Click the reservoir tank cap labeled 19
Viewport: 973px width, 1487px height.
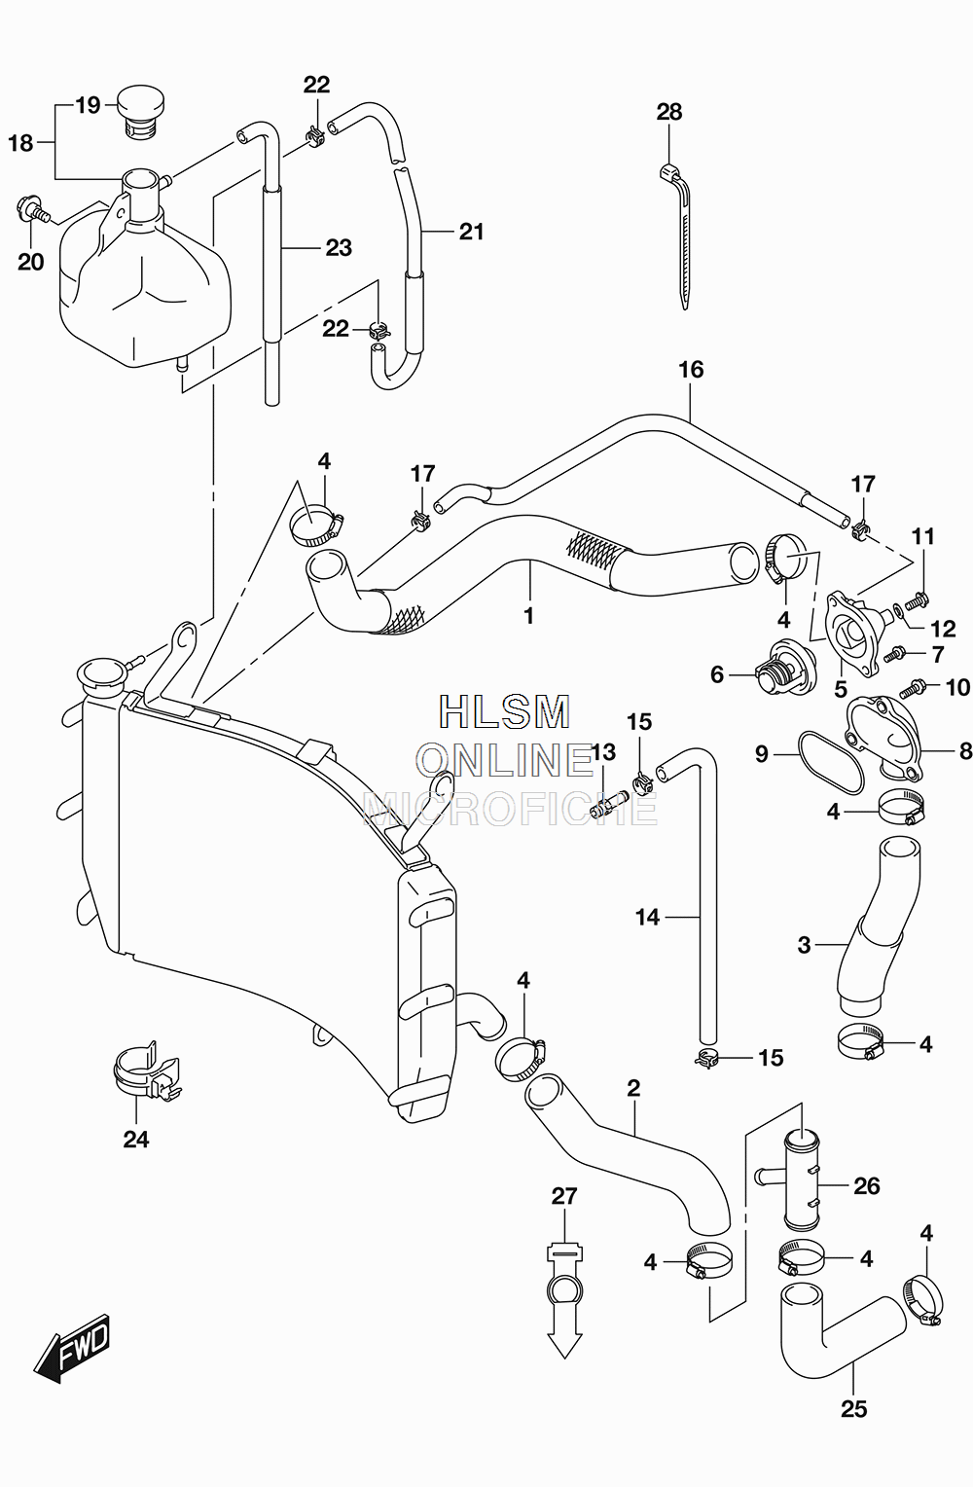141,112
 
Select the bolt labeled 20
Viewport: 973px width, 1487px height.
32,210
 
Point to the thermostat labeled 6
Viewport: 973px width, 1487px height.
782,665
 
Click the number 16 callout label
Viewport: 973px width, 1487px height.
691,370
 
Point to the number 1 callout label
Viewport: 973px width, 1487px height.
528,616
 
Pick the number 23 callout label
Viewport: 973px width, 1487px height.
339,247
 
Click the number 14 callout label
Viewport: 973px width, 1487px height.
647,918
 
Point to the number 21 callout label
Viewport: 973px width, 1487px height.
471,232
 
